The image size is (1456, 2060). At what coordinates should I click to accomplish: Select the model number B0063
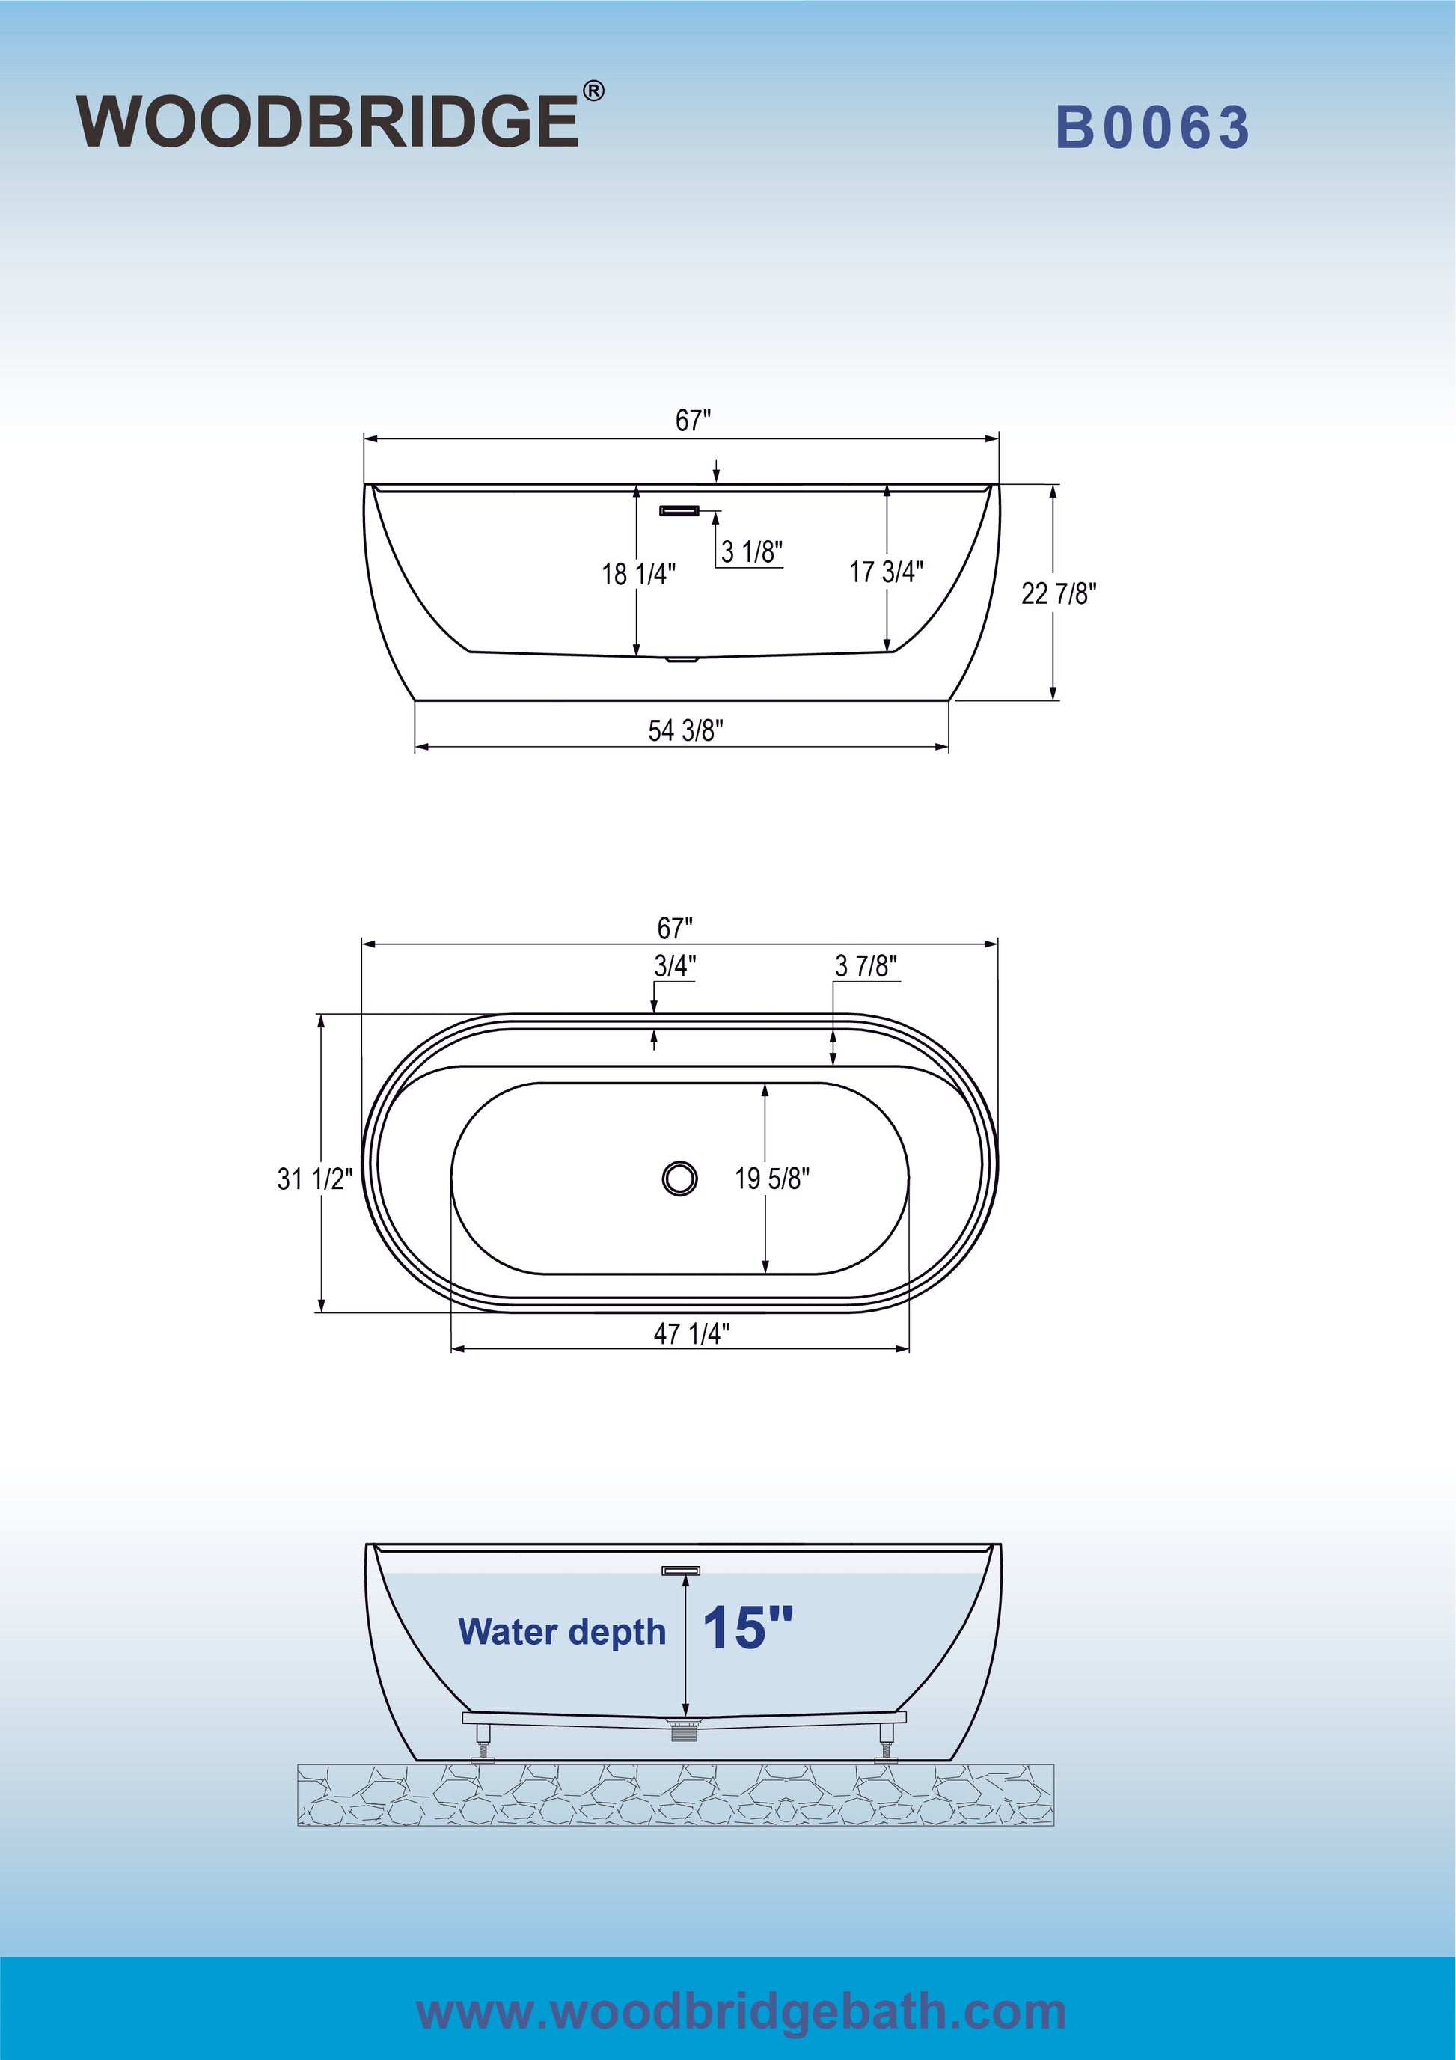tap(1153, 126)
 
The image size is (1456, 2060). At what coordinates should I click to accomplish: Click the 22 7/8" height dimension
tap(1059, 593)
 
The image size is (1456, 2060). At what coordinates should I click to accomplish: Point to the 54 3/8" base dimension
tap(685, 730)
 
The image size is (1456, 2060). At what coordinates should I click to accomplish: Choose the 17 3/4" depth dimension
tap(887, 572)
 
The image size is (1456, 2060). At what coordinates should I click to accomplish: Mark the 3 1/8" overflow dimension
tap(753, 551)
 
